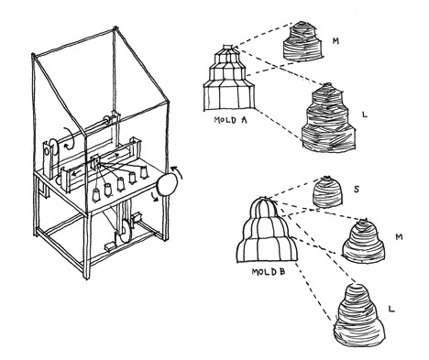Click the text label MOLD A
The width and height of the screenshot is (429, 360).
(x=230, y=119)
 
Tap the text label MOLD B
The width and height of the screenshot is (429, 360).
(x=269, y=271)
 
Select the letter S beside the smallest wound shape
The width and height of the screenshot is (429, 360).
(x=356, y=190)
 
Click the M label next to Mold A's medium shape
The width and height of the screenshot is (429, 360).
(x=335, y=41)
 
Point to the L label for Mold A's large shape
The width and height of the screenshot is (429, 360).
(x=364, y=115)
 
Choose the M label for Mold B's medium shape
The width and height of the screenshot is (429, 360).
(x=399, y=236)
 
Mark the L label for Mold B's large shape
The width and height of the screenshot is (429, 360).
(x=391, y=309)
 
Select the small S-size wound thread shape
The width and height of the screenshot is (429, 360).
(x=327, y=192)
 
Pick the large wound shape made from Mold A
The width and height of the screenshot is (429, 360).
(x=329, y=117)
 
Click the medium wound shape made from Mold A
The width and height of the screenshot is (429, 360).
(x=302, y=40)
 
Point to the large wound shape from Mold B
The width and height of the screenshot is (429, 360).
(x=358, y=315)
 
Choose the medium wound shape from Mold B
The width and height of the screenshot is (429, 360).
(x=363, y=240)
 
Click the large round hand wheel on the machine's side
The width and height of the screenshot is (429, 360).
(x=167, y=185)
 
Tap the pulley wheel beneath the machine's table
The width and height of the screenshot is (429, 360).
(x=126, y=233)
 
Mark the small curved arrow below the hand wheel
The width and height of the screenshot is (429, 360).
(x=155, y=198)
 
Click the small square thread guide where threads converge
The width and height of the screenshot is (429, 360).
(x=95, y=161)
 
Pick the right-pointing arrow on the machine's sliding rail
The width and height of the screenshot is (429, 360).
(x=115, y=156)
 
